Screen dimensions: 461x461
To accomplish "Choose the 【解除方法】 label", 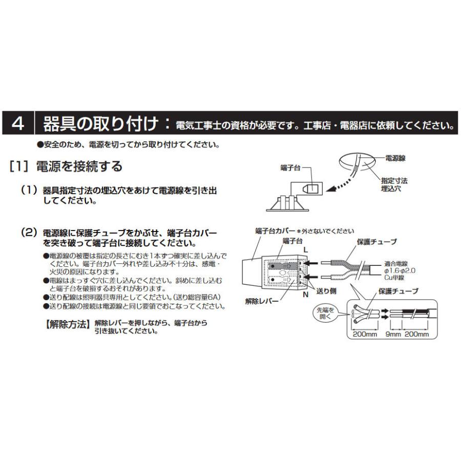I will click(66, 324).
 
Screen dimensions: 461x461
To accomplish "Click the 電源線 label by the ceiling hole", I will click(395, 159).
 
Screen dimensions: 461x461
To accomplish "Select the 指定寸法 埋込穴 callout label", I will click(394, 185).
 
